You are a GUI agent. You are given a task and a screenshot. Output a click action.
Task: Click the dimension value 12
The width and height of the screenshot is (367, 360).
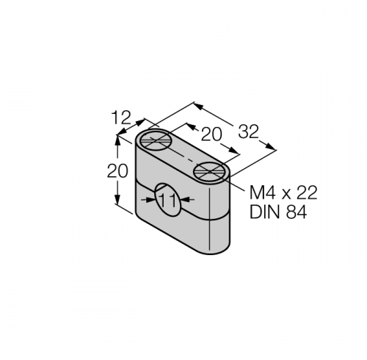click(121, 118)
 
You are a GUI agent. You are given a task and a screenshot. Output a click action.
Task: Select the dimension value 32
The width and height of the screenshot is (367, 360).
click(248, 132)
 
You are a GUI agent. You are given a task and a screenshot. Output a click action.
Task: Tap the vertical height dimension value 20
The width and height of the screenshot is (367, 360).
click(117, 170)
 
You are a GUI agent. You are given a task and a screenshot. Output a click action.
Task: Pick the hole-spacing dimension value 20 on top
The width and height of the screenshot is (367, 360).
click(211, 134)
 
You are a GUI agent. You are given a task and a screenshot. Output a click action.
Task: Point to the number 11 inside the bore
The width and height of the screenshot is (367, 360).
click(168, 201)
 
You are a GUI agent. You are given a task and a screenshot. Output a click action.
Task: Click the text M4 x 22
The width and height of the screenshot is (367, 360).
click(283, 192)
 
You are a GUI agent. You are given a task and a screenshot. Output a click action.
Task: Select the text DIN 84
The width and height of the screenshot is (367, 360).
click(278, 212)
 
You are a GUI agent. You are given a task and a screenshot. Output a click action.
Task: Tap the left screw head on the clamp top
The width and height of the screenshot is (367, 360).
click(155, 140)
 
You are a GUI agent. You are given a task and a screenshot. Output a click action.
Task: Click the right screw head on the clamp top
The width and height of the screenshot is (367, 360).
click(208, 172)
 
